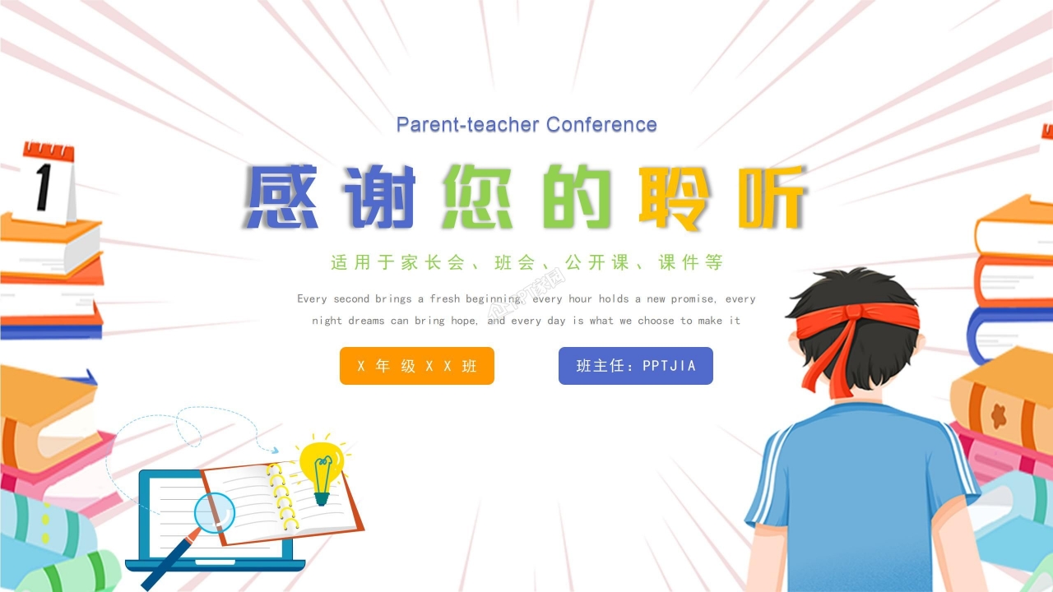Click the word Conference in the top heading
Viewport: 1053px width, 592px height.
click(x=601, y=125)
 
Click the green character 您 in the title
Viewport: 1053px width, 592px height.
click(x=478, y=198)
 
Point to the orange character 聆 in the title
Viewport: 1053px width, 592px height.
click(x=673, y=198)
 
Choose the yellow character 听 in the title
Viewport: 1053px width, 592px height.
click(x=771, y=198)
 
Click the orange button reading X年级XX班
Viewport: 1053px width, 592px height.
click(x=417, y=366)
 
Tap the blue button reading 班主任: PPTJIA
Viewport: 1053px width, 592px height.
click(x=636, y=366)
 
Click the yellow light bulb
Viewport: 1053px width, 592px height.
click(x=321, y=464)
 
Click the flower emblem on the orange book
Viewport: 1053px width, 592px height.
click(x=998, y=415)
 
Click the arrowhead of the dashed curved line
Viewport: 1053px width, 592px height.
click(x=274, y=450)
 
